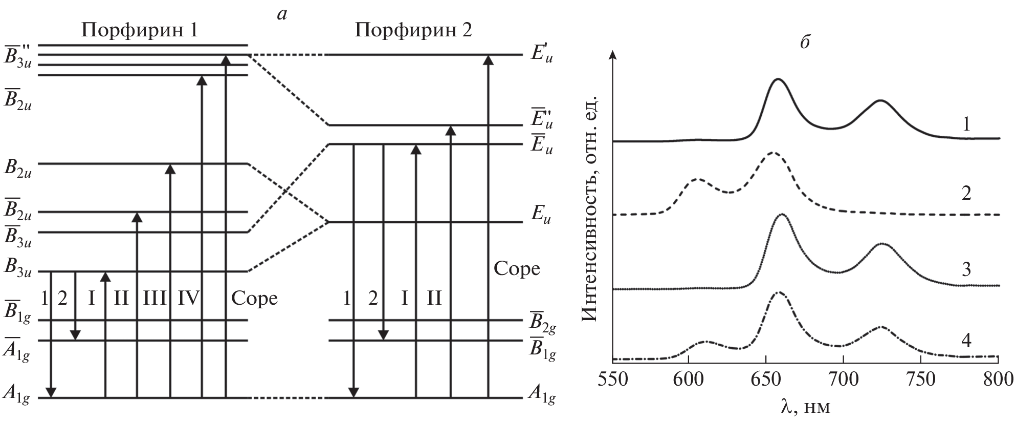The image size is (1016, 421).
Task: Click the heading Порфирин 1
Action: (x=140, y=31)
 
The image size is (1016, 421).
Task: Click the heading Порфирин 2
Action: (x=413, y=31)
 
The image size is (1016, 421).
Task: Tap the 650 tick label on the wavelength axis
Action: (x=766, y=381)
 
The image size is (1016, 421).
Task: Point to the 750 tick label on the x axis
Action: (x=921, y=381)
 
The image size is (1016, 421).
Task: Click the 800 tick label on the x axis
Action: (x=998, y=381)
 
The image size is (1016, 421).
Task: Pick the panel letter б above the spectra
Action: (x=804, y=43)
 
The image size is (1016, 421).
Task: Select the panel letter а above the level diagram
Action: (x=281, y=14)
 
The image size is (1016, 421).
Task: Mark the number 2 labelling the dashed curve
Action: (x=966, y=194)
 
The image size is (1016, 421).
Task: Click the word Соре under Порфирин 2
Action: (x=517, y=268)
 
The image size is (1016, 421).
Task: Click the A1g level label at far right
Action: (x=542, y=398)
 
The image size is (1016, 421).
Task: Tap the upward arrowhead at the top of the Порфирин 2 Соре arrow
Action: (x=489, y=60)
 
